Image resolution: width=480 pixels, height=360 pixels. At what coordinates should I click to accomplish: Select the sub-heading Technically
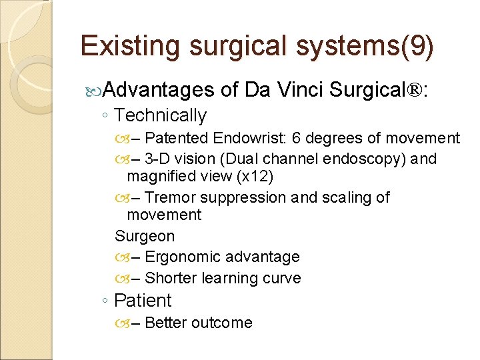(x=160, y=115)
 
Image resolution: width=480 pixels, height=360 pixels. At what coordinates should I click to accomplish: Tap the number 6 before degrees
(x=296, y=138)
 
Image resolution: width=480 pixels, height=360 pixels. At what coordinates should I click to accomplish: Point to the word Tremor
(x=167, y=197)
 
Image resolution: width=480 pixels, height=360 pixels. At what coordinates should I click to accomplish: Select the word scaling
(x=349, y=197)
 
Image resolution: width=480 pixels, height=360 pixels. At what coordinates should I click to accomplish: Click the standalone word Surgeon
(x=145, y=236)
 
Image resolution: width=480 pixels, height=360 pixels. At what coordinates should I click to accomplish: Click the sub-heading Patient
(x=143, y=300)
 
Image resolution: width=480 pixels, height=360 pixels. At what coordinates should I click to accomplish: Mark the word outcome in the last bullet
(x=221, y=323)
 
